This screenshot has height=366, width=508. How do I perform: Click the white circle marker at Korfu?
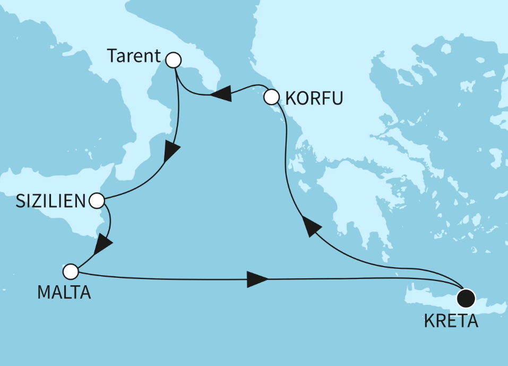coord(271,97)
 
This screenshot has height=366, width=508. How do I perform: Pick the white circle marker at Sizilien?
coord(97,201)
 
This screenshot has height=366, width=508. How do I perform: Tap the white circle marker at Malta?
coord(70,272)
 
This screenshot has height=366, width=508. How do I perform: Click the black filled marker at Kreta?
coord(466,298)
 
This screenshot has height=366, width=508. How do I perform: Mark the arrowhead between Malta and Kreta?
coord(257,279)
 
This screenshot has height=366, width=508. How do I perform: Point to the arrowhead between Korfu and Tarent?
coord(220,93)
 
